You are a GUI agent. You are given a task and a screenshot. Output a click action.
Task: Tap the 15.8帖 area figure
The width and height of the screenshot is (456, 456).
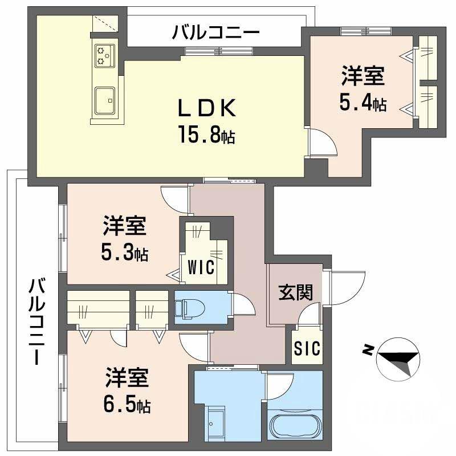[x=207, y=137]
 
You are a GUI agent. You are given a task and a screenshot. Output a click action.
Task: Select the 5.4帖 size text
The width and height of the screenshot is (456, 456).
[x=363, y=103]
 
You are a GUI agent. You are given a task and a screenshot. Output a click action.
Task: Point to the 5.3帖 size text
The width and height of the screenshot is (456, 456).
[x=125, y=253]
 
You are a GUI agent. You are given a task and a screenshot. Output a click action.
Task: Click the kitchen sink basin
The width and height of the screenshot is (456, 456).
[x=105, y=101]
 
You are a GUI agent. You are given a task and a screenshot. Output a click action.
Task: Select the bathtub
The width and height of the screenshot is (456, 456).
[x=295, y=425]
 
